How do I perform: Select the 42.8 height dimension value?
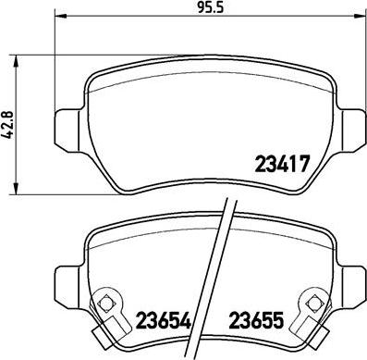tap(8, 124)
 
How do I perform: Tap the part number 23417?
tap(282, 164)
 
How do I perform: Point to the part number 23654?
tap(164, 320)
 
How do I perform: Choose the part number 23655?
tap(256, 320)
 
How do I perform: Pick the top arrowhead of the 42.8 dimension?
tap(16, 62)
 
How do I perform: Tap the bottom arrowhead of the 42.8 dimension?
tap(16, 188)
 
